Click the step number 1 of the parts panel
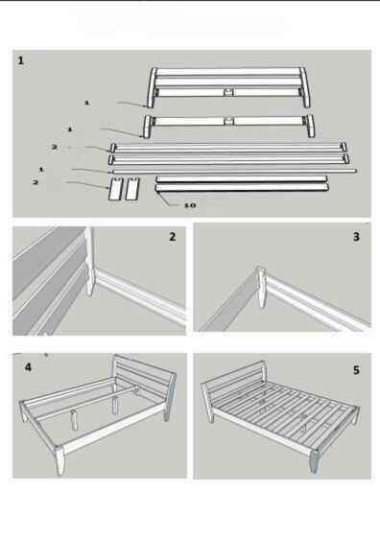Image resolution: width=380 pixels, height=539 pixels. click(x=21, y=60)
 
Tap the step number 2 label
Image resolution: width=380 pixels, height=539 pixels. click(x=173, y=237)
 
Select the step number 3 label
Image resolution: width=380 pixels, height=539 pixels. click(x=356, y=237)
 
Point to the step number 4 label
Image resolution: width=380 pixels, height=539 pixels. click(x=28, y=367)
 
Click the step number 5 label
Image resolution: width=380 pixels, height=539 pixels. click(x=356, y=370)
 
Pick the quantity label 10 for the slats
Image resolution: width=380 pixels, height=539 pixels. click(x=190, y=205)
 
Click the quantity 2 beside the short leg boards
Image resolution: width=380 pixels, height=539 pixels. click(x=36, y=182)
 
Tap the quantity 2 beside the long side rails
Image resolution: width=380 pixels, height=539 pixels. click(x=54, y=147)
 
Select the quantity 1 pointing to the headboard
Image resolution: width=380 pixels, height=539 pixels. click(x=87, y=103)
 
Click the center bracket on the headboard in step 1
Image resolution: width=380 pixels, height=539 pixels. click(x=228, y=92)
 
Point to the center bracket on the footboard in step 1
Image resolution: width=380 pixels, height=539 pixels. click(x=228, y=121)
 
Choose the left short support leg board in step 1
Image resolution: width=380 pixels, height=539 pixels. click(x=115, y=189)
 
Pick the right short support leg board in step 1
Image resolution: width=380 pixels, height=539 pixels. click(x=132, y=189)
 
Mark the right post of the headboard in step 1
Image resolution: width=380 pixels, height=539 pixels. click(x=305, y=87)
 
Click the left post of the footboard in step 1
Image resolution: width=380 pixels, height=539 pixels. click(x=148, y=127)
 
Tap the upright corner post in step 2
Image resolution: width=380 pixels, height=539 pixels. click(x=89, y=261)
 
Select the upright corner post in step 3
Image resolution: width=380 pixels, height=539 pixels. click(x=261, y=287)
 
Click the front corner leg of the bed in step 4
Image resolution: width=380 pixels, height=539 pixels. click(x=60, y=460)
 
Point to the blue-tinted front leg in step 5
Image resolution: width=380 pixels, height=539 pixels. click(x=316, y=460)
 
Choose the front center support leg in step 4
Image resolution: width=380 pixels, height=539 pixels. click(x=74, y=420)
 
